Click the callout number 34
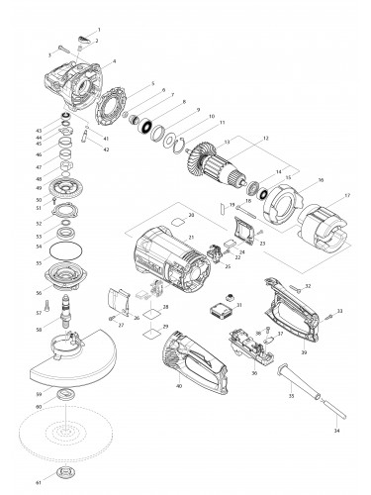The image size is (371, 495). [337, 433]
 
